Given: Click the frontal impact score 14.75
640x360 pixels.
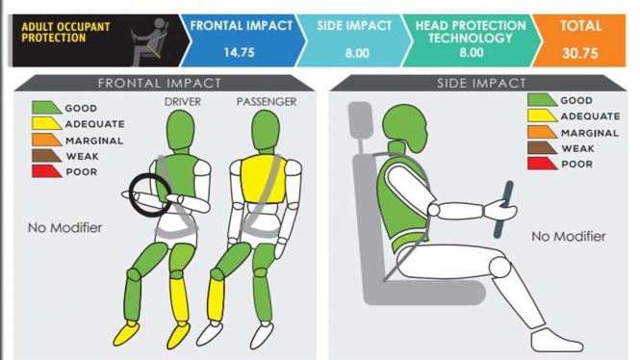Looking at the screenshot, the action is pyautogui.click(x=239, y=53).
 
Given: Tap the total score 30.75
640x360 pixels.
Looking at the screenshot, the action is pyautogui.click(x=580, y=53).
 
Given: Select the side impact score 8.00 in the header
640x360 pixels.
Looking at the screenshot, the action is pyautogui.click(x=357, y=53).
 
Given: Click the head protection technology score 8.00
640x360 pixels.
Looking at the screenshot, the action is pyautogui.click(x=472, y=53).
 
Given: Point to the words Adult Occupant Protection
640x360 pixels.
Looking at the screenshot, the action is pyautogui.click(x=65, y=32).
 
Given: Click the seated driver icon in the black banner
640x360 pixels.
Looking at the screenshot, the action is pyautogui.click(x=150, y=41).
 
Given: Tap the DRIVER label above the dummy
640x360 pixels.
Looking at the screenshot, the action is pyautogui.click(x=183, y=102).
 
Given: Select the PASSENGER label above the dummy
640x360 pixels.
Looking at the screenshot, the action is pyautogui.click(x=267, y=102).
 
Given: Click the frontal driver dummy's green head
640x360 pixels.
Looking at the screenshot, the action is pyautogui.click(x=180, y=130).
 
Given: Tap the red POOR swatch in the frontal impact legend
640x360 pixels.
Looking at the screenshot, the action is pyautogui.click(x=46, y=171).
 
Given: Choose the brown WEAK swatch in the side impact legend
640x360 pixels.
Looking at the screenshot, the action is pyautogui.click(x=542, y=148).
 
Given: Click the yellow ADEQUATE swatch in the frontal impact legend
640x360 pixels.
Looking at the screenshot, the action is pyautogui.click(x=46, y=123).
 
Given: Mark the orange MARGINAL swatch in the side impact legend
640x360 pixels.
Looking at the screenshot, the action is pyautogui.click(x=542, y=132).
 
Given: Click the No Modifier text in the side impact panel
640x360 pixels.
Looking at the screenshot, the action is pyautogui.click(x=569, y=237).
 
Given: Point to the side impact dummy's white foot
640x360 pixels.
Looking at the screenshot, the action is pyautogui.click(x=556, y=341).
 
